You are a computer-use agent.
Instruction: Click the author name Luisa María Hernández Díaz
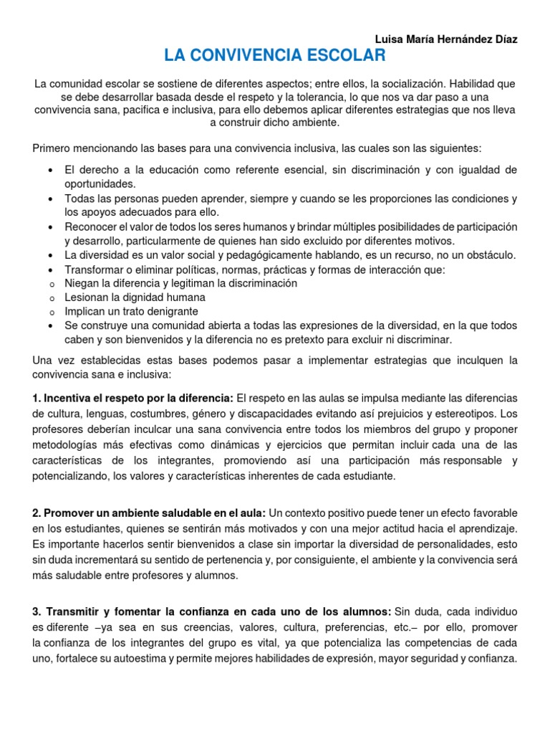pos(445,39)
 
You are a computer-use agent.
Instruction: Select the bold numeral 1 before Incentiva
pos(37,398)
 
